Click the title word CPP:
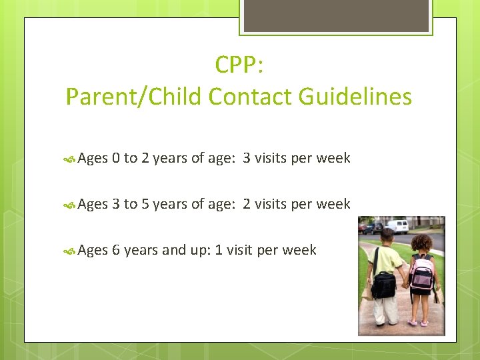pyautogui.click(x=239, y=65)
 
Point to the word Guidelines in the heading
pyautogui.click(x=355, y=97)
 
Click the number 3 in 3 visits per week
pyautogui.click(x=247, y=158)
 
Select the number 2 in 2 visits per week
pyautogui.click(x=247, y=204)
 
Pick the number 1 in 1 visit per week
pyautogui.click(x=219, y=250)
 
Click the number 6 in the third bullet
pyautogui.click(x=116, y=250)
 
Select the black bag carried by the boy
pyautogui.click(x=383, y=285)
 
